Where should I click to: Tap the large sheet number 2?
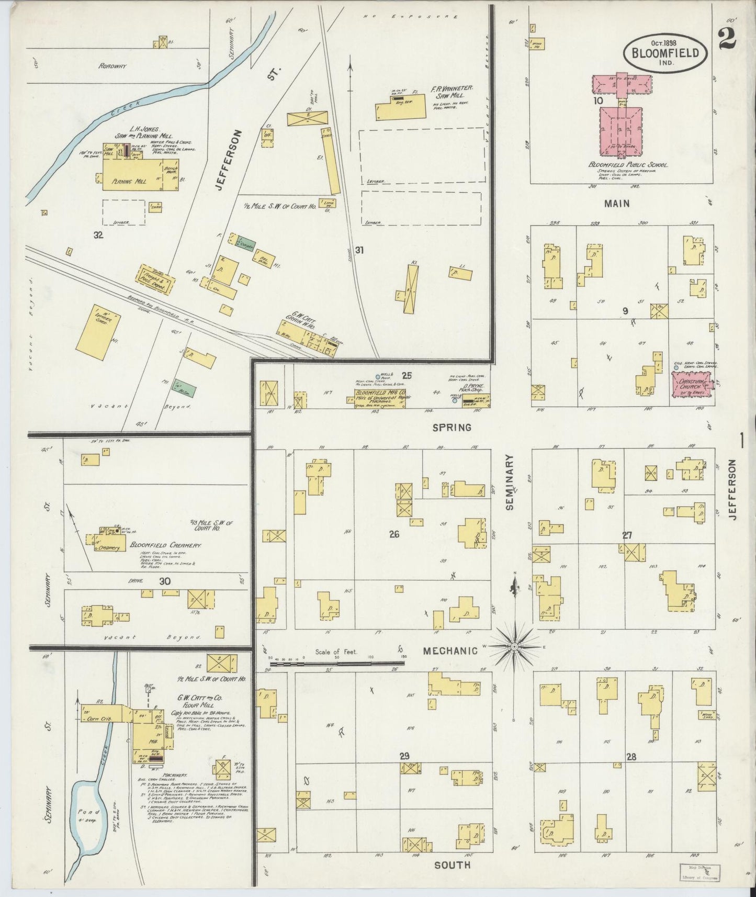pyautogui.click(x=727, y=38)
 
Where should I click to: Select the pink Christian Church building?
pyautogui.click(x=691, y=388)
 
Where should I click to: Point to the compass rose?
pyautogui.click(x=514, y=647)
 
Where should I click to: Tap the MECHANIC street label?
pyautogui.click(x=450, y=651)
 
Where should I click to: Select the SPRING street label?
pyautogui.click(x=452, y=428)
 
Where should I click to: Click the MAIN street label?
pyautogui.click(x=617, y=204)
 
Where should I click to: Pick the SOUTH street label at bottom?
pyautogui.click(x=452, y=865)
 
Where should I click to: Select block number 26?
pyautogui.click(x=394, y=534)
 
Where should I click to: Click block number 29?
pyautogui.click(x=404, y=756)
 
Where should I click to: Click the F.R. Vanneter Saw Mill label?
pyautogui.click(x=451, y=93)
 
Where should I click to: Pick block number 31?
pyautogui.click(x=359, y=250)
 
